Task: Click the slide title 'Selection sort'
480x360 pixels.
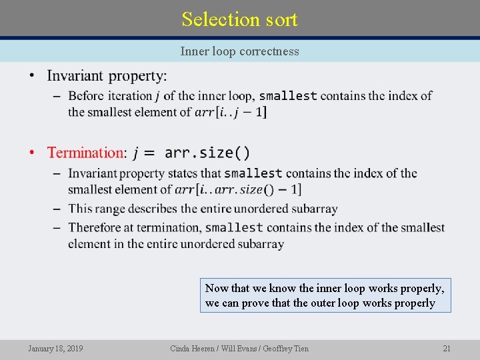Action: coord(239,19)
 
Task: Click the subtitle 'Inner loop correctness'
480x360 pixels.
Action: coord(239,51)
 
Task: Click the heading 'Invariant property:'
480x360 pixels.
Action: coord(107,76)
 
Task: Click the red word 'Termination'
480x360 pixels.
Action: coord(85,153)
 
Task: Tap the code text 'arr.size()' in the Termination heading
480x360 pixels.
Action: coord(207,153)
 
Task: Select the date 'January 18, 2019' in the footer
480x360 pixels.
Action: coord(55,348)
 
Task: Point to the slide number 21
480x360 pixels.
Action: coord(447,348)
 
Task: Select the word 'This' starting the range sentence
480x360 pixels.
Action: coord(80,209)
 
